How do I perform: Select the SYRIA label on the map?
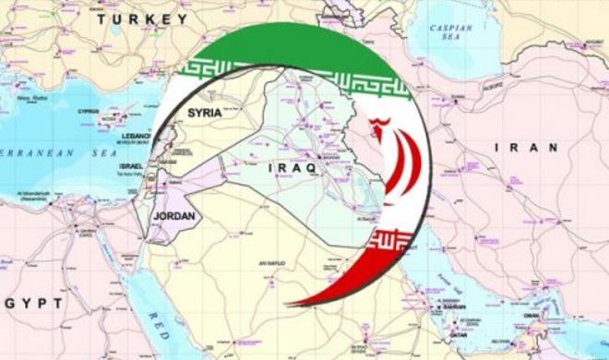click(204, 113)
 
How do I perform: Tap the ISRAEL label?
click(132, 166)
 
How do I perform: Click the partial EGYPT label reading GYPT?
click(34, 303)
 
